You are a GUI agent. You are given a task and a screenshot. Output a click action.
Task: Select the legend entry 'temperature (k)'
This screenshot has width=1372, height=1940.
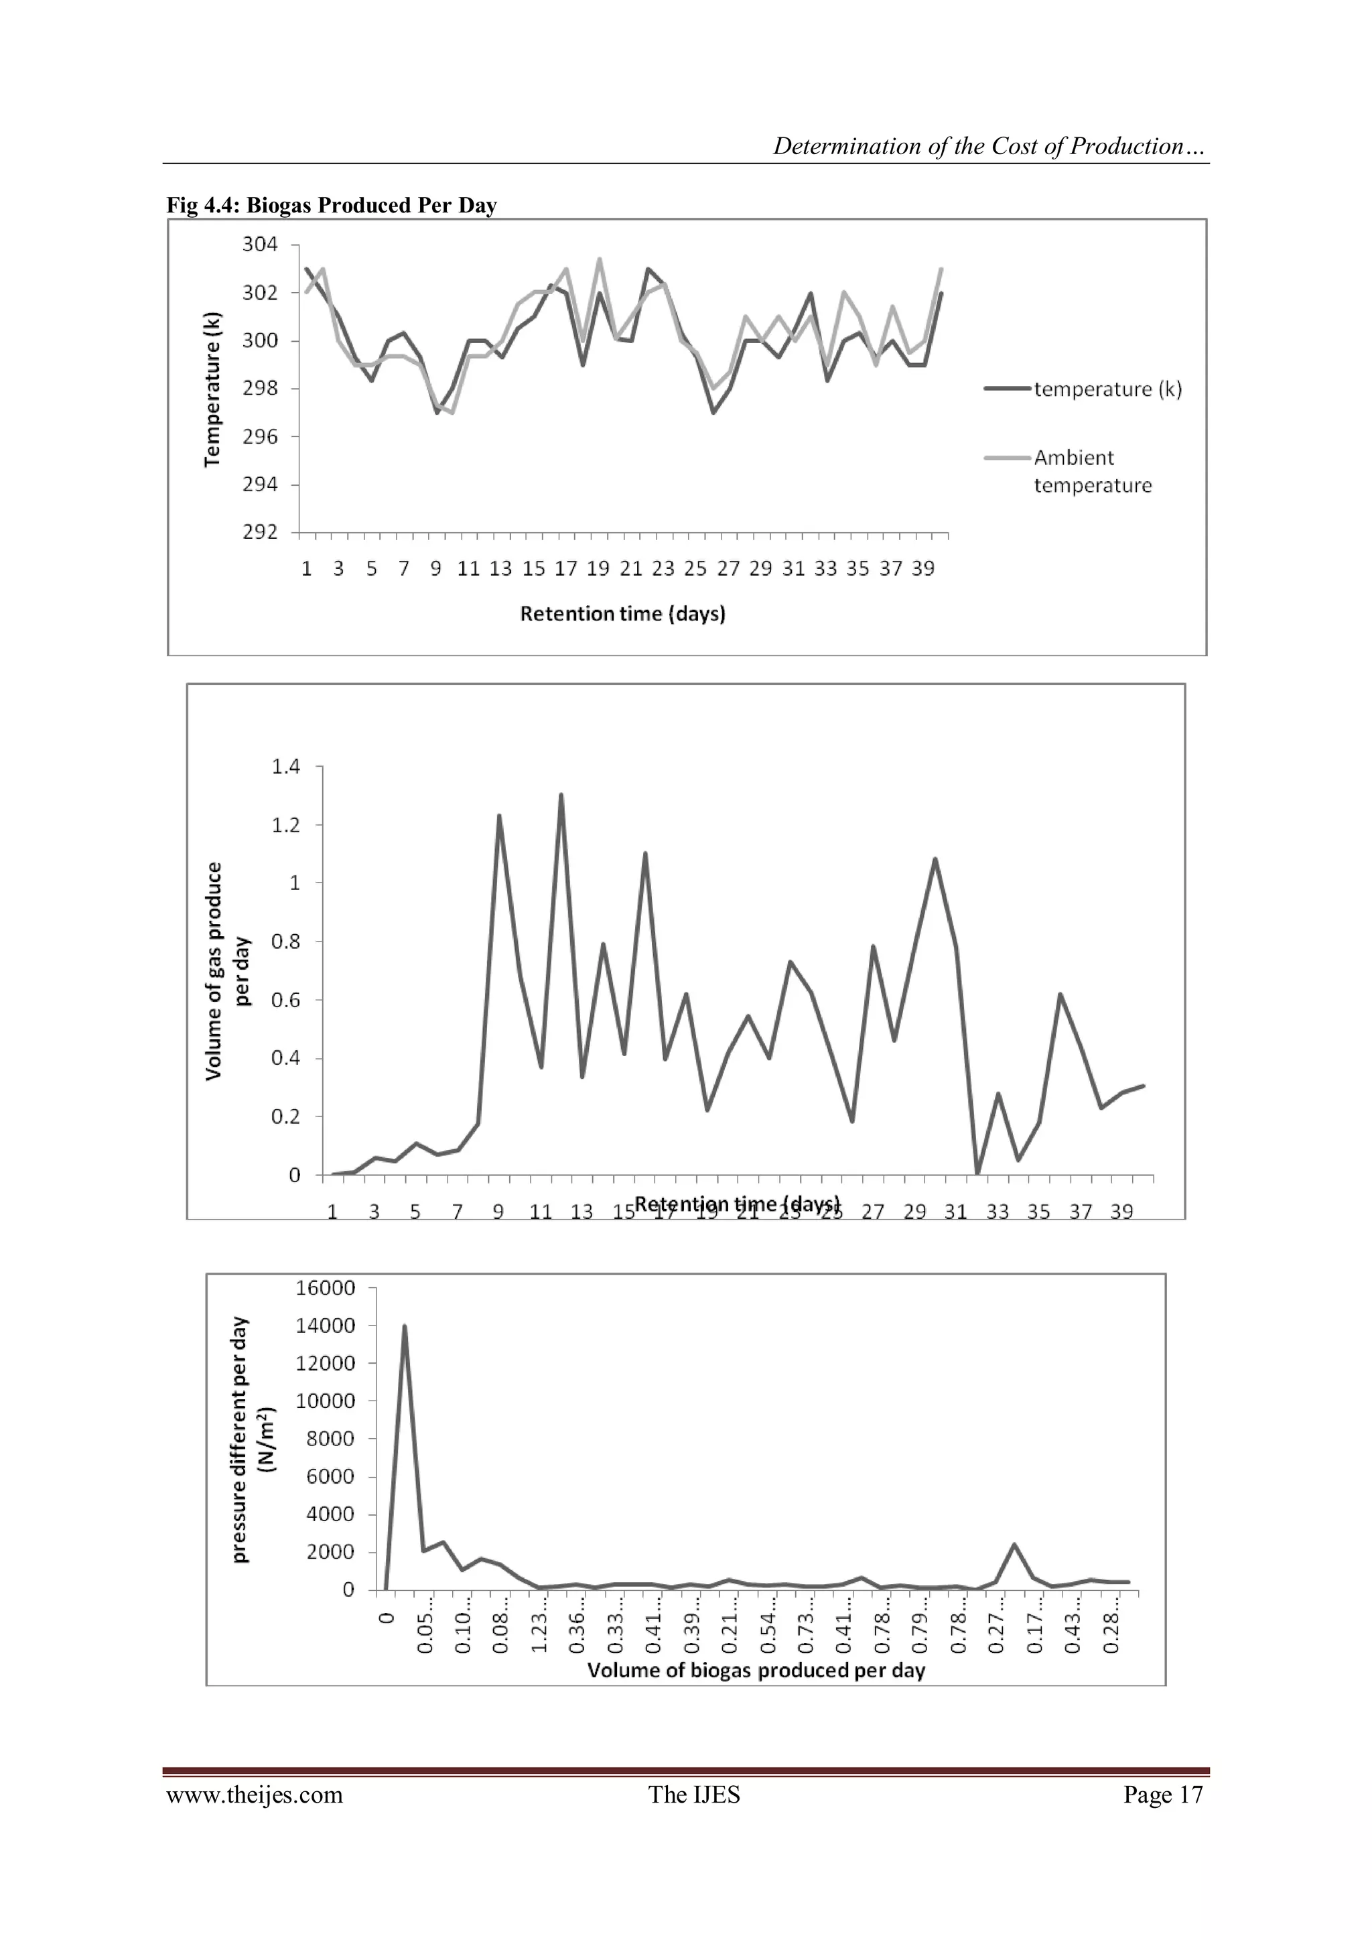[1107, 389]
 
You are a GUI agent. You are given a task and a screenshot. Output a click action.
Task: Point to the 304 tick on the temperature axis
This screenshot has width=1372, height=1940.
[260, 244]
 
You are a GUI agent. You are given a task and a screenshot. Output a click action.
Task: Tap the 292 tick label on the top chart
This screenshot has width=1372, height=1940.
[260, 532]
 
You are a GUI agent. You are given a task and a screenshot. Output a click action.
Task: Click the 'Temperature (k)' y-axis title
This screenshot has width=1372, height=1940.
[213, 389]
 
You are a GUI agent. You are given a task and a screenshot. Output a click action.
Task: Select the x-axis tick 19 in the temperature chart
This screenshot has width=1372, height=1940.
[598, 569]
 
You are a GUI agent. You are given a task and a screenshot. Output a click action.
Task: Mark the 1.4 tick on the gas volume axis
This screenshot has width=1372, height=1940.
[285, 767]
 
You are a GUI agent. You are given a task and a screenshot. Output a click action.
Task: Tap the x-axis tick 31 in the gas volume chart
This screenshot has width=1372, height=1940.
[955, 1212]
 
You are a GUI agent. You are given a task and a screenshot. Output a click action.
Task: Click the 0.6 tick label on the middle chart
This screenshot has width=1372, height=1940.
[285, 1000]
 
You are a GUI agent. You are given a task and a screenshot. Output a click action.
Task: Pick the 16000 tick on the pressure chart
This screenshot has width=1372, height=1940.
[326, 1288]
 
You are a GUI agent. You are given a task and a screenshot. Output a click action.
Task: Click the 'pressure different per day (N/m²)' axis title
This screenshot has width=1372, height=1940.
[253, 1439]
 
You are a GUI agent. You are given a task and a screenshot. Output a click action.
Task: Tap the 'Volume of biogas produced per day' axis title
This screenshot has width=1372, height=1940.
[756, 1670]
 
